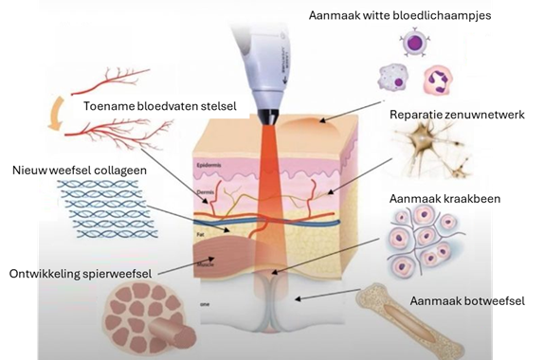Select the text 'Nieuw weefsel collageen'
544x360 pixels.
point(80,171)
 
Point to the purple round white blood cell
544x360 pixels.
point(415,43)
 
